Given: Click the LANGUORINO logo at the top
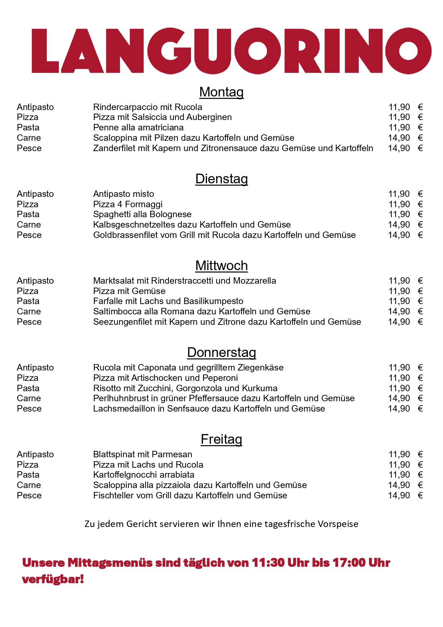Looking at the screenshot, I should (231, 51).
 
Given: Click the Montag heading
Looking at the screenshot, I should (221, 92).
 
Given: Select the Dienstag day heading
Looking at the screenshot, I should (221, 179).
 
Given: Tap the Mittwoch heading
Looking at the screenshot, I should (221, 265).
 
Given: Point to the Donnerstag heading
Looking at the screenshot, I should (221, 352).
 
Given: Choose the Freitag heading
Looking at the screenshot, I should (221, 439).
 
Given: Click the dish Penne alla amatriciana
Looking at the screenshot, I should (138, 128).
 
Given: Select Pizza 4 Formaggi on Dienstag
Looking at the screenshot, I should (127, 204).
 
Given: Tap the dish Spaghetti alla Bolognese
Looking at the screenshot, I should (142, 214).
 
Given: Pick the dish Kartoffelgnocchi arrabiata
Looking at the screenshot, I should (144, 475).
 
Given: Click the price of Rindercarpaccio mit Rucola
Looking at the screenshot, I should (399, 107).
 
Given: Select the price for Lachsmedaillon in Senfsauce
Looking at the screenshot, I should (399, 409).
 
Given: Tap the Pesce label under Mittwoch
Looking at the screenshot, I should (29, 322).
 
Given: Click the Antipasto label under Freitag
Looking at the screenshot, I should (35, 454).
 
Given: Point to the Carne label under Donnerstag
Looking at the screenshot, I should (29, 398).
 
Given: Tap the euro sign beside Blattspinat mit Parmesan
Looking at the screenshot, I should (420, 454).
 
